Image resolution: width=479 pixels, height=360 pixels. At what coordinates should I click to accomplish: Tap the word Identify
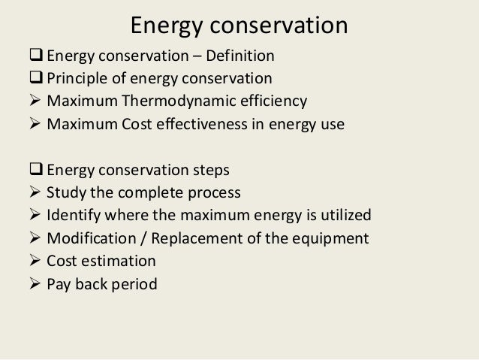point(74,216)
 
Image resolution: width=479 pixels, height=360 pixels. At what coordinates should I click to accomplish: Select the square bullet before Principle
point(36,78)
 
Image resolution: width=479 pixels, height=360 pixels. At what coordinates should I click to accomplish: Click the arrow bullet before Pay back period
point(35,285)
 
